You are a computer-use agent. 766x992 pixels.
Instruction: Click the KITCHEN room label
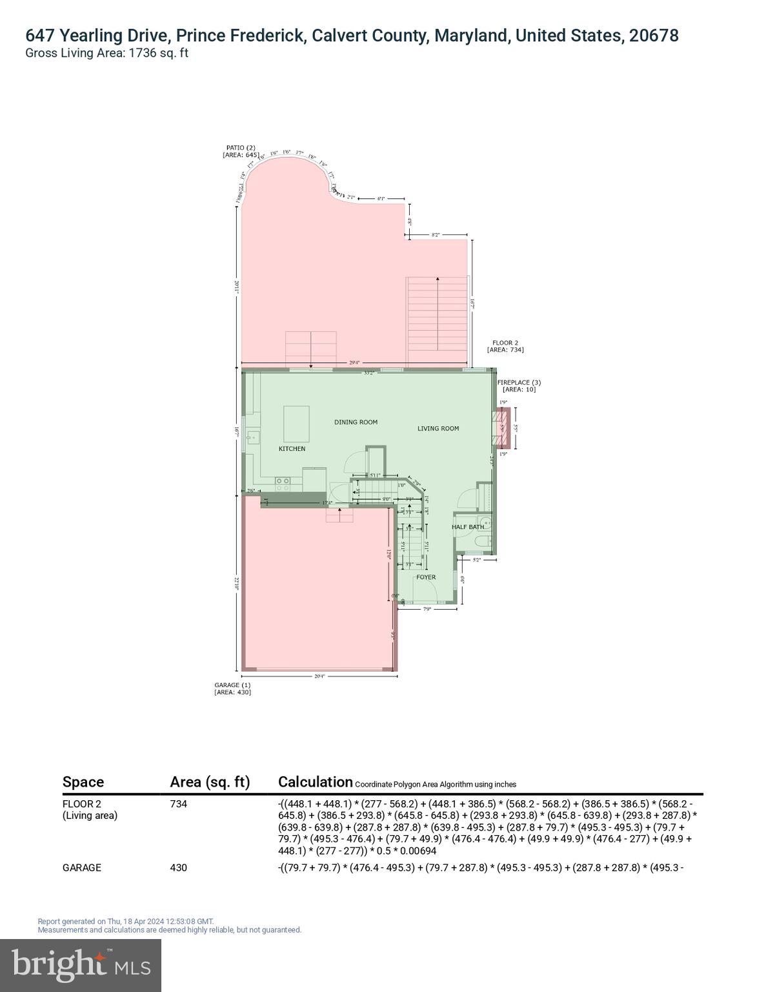click(x=292, y=448)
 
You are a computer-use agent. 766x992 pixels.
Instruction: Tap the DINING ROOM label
click(x=356, y=422)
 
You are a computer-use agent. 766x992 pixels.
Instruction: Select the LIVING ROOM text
click(x=438, y=428)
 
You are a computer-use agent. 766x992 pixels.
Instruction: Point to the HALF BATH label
click(x=467, y=527)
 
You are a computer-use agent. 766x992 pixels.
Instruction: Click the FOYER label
click(x=425, y=577)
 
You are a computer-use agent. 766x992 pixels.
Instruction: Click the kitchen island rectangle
click(x=297, y=424)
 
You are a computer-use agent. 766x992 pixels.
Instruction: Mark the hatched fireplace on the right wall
click(x=503, y=428)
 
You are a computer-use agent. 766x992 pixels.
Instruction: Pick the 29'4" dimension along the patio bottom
click(x=354, y=363)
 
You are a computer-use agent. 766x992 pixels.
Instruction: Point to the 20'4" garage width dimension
click(x=319, y=676)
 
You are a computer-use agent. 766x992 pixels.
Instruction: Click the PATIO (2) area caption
click(x=241, y=151)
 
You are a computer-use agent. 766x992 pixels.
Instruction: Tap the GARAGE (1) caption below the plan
click(x=232, y=688)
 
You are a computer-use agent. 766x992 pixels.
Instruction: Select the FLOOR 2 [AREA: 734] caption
click(x=505, y=346)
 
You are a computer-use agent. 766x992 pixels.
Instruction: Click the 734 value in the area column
click(x=178, y=804)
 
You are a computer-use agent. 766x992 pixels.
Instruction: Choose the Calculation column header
click(x=315, y=782)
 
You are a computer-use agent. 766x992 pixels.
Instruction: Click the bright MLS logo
click(x=81, y=964)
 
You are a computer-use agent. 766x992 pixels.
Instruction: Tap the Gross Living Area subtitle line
click(x=106, y=54)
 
